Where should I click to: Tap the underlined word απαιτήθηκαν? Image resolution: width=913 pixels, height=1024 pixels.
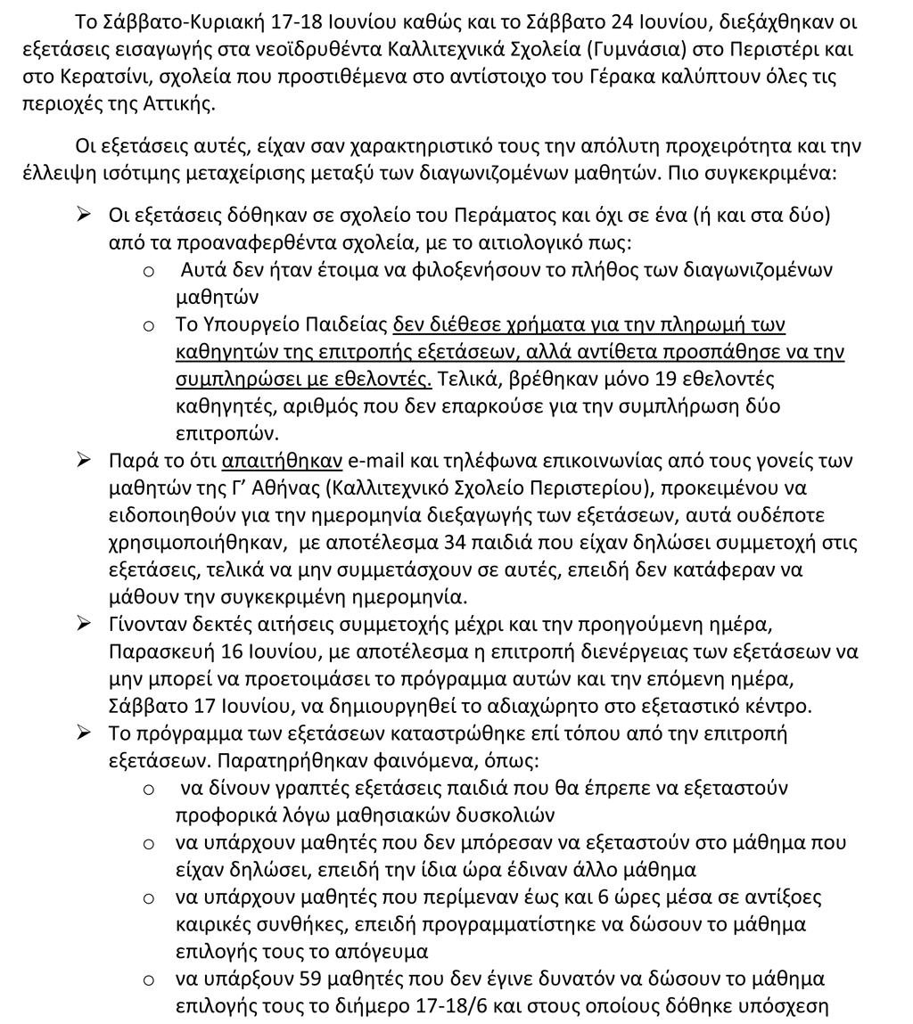pos(283,461)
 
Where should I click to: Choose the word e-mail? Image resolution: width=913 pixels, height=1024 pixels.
pos(378,461)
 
